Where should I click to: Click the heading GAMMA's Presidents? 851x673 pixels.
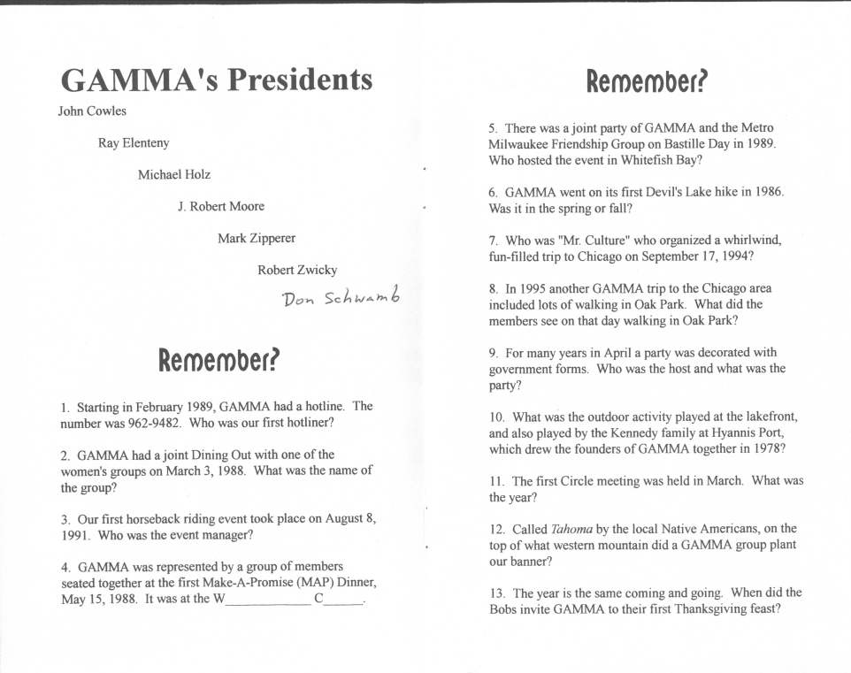point(217,80)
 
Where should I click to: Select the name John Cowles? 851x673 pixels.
point(92,111)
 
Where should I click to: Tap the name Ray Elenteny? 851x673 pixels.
point(134,143)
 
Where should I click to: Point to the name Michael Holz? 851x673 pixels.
point(174,175)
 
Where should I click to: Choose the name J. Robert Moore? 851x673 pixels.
point(221,207)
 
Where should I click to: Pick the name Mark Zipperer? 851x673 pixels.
point(257,239)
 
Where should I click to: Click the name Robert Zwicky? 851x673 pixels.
point(297,271)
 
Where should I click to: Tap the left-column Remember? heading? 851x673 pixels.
point(218,361)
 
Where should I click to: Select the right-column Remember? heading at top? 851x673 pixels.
point(647,82)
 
